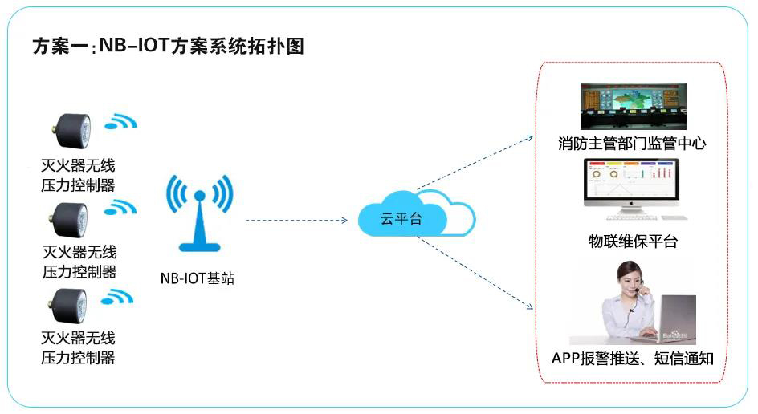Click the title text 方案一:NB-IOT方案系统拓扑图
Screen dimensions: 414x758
[x=168, y=46]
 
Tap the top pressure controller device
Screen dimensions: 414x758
[x=71, y=128]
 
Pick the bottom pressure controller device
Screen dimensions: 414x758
[x=71, y=305]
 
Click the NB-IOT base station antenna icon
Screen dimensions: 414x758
[x=197, y=210]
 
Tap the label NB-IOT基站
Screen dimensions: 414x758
[x=198, y=279]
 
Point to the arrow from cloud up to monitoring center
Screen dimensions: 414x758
[x=474, y=164]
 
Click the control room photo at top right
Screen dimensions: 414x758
[x=632, y=107]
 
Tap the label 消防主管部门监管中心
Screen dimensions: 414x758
[x=632, y=144]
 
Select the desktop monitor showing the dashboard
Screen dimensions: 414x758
[x=631, y=183]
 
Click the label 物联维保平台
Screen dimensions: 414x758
[x=633, y=241]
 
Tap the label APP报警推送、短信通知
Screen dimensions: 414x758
[x=633, y=358]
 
